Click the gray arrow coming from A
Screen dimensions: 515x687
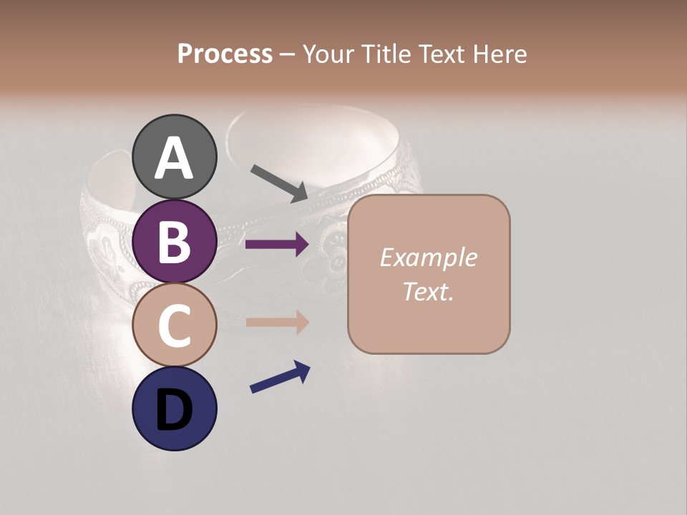point(280,183)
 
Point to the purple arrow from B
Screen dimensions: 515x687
point(277,245)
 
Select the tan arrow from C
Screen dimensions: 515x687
point(277,322)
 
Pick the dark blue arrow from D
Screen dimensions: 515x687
point(280,377)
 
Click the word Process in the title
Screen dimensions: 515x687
point(225,54)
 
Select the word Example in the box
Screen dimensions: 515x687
point(428,257)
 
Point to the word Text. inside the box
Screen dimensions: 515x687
point(428,292)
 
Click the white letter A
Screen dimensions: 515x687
point(174,158)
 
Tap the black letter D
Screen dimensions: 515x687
point(174,410)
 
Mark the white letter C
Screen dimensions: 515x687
point(174,325)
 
